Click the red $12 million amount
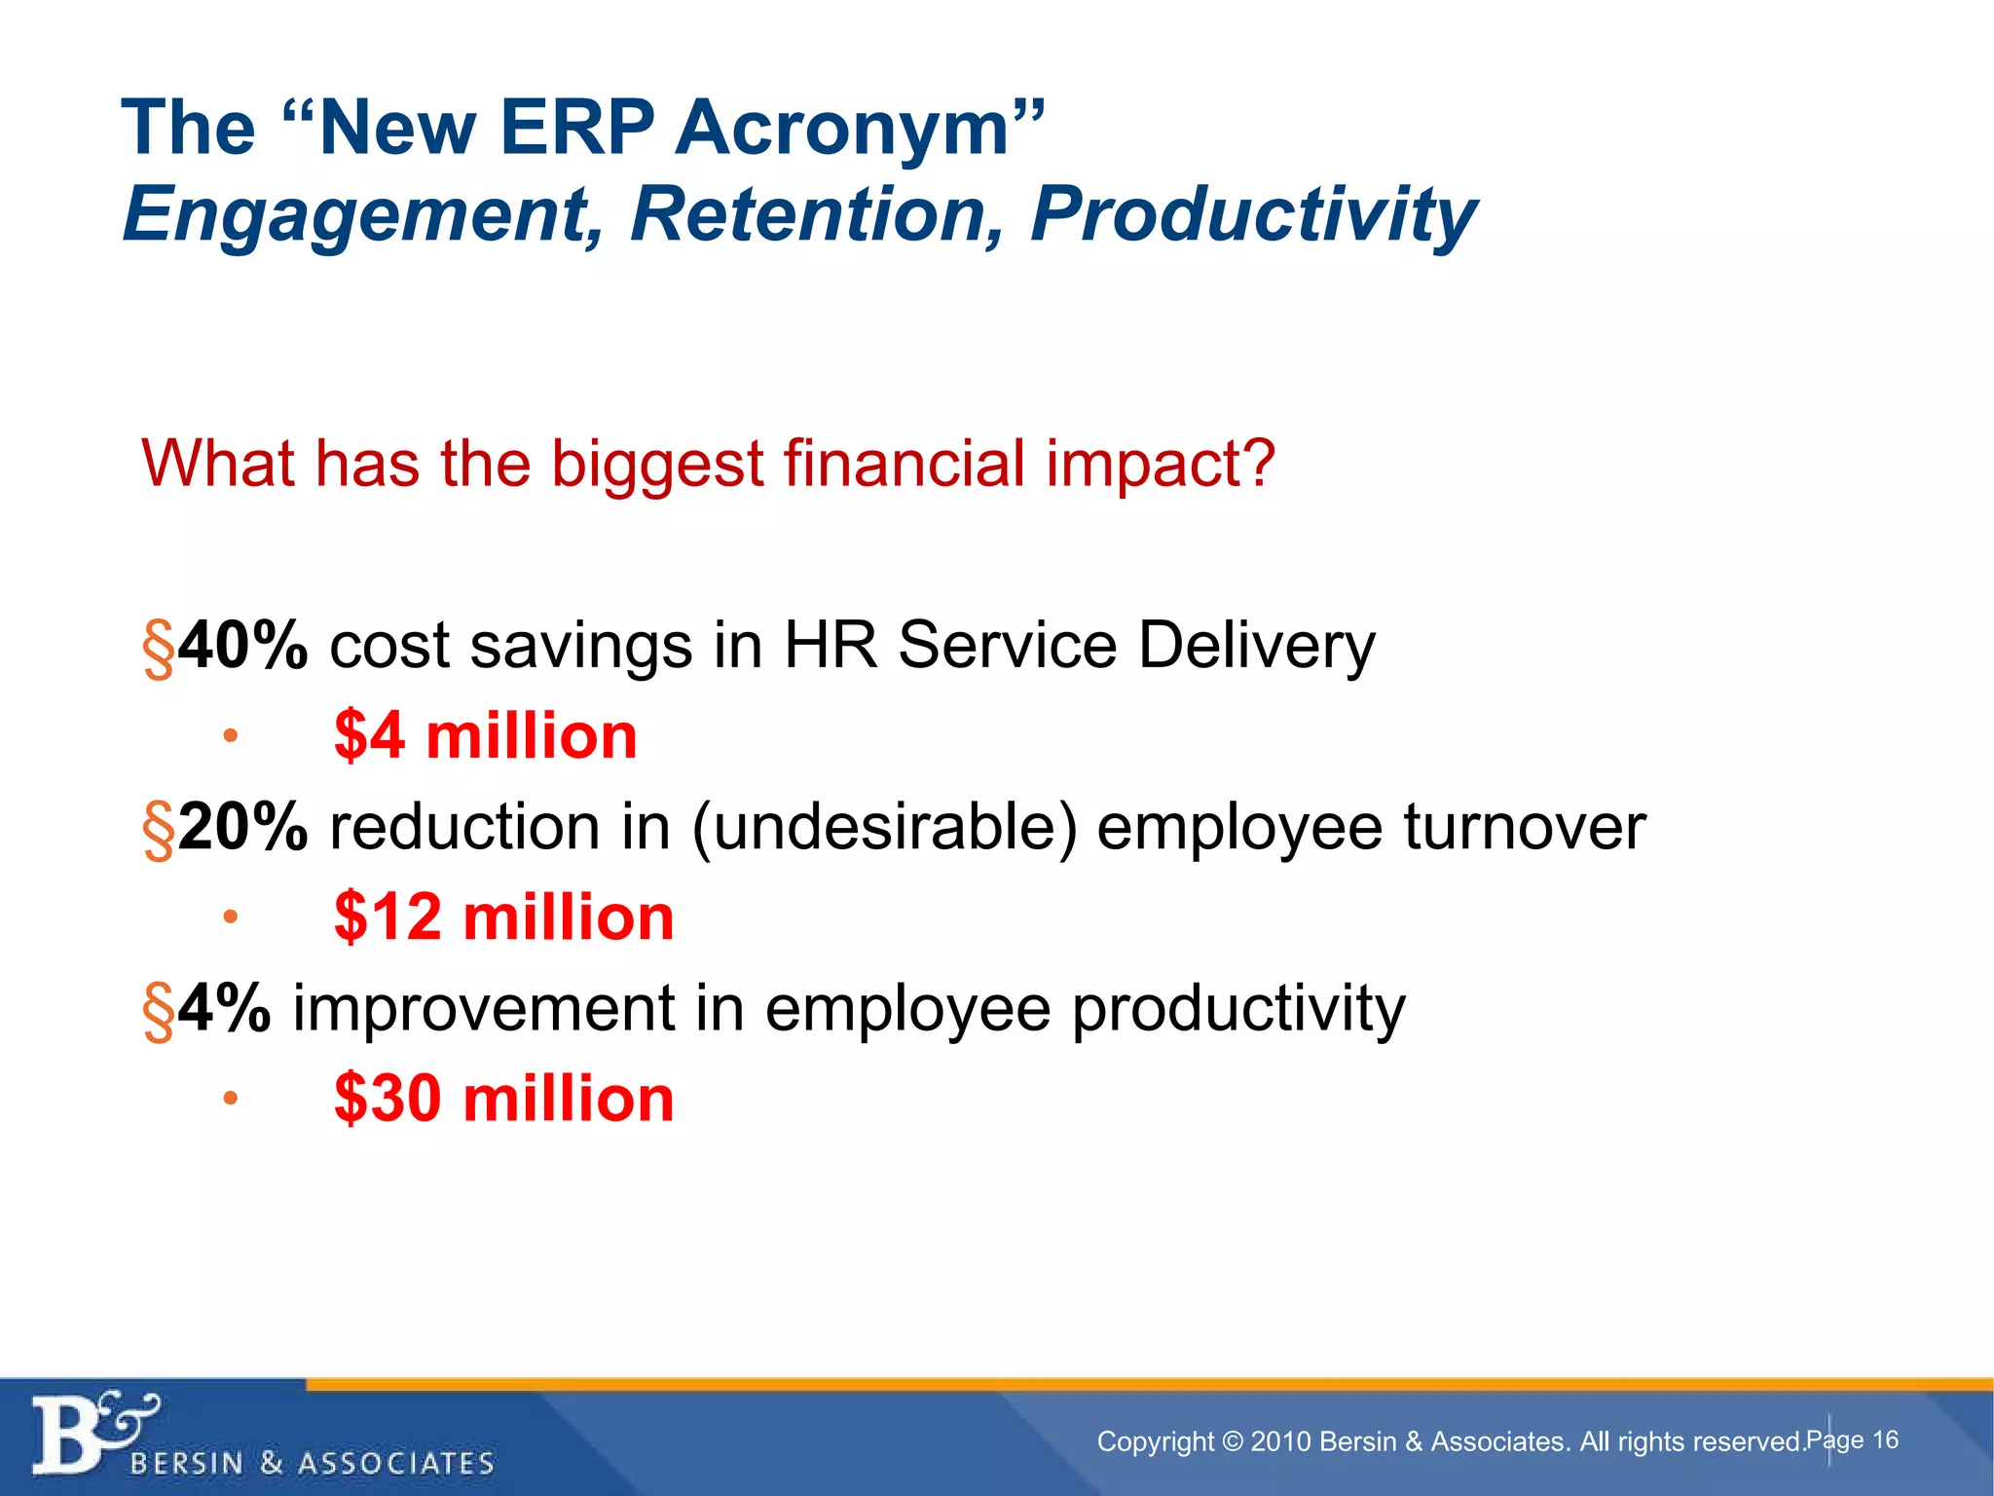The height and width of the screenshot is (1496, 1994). pos(503,917)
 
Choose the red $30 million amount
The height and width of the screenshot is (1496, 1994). pos(503,1099)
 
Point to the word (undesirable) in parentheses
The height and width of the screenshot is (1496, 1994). pos(884,828)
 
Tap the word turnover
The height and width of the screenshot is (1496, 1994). pos(1524,828)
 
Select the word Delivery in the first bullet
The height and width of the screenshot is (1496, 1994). pos(1256,647)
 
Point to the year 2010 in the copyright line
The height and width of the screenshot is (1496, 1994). pos(1281,1442)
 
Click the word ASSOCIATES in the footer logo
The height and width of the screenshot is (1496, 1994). pos(396,1464)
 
